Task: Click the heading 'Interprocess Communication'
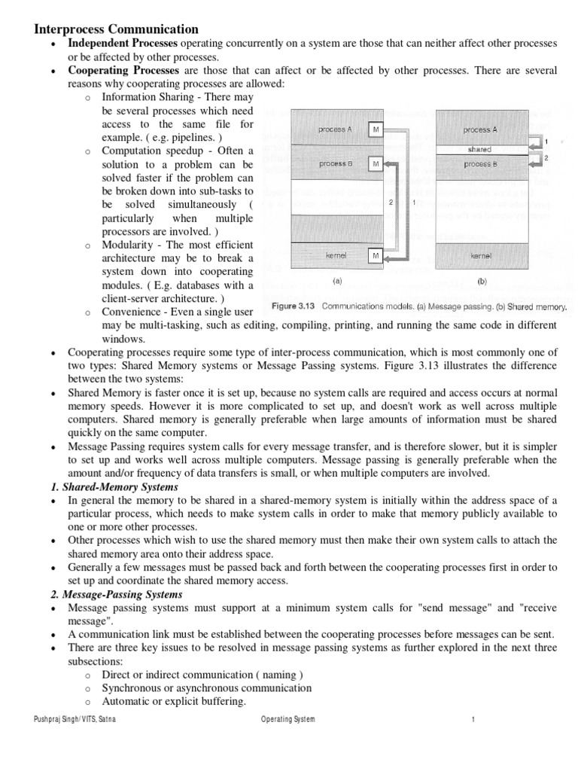(x=117, y=29)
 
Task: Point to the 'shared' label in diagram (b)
(x=479, y=149)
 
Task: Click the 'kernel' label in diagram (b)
(x=480, y=257)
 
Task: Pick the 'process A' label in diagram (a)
(x=335, y=130)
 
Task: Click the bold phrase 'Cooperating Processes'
(x=123, y=71)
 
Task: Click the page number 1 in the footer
(x=473, y=719)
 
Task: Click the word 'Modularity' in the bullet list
(x=128, y=245)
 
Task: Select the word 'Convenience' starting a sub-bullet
(x=132, y=311)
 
